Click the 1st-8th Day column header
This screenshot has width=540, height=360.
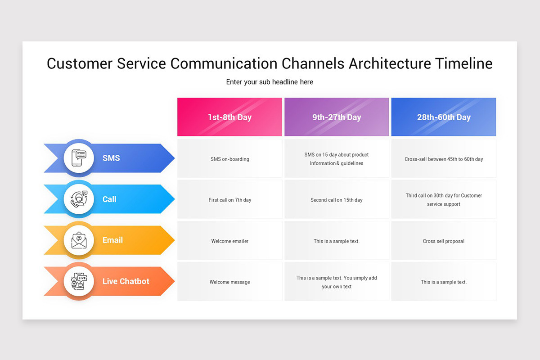(x=229, y=117)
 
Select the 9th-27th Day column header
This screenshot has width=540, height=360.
(x=337, y=117)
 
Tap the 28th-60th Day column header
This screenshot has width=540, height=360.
(x=444, y=117)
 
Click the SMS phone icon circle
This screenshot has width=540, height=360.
(x=79, y=158)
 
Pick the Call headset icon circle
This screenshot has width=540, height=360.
(x=79, y=199)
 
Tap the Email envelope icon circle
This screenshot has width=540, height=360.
(x=79, y=240)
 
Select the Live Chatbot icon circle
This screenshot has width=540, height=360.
(x=79, y=281)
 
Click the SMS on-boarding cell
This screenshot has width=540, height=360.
(x=229, y=159)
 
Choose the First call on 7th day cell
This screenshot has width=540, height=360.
(x=229, y=200)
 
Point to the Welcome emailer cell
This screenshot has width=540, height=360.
(x=229, y=241)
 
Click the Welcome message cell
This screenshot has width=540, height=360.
(x=229, y=282)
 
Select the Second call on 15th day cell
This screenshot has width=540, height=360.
(x=337, y=200)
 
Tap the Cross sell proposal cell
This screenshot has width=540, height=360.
(x=444, y=241)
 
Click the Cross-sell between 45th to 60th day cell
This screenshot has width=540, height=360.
(x=444, y=159)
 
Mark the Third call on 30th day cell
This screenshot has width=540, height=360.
(x=444, y=200)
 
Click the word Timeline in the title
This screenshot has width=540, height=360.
(x=463, y=63)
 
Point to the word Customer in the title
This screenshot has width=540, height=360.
(x=80, y=63)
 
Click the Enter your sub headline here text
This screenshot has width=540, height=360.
(x=270, y=82)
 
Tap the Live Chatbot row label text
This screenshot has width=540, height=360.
(x=126, y=281)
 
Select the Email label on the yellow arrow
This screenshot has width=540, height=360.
(x=112, y=240)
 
